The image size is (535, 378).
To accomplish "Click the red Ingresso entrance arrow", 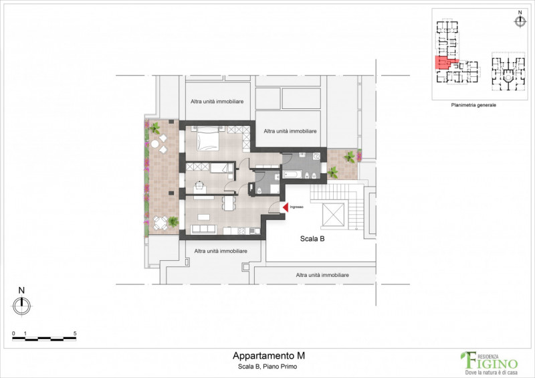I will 284,208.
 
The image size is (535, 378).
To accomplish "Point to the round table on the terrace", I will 155,143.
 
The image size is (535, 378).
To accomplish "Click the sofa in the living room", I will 205,229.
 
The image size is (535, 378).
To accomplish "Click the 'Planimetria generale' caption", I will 474,105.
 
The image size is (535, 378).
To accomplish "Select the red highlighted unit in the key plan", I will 442,64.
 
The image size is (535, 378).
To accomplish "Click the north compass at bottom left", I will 21,304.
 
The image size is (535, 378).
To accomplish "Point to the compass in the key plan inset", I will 520,21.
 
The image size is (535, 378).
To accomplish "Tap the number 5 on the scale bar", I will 75,333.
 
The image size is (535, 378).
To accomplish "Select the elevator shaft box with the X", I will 334,215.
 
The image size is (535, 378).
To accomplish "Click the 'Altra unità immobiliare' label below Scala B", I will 323,275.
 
